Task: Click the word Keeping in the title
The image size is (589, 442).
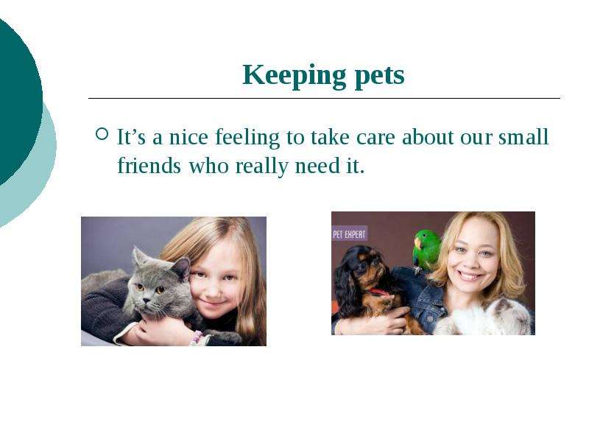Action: [x=294, y=77]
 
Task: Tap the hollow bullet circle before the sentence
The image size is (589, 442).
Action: [x=102, y=134]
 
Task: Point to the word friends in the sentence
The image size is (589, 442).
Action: [x=149, y=165]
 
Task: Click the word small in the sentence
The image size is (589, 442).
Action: [x=523, y=136]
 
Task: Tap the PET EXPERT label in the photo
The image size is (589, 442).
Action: [x=349, y=234]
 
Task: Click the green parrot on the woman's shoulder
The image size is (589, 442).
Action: [x=426, y=251]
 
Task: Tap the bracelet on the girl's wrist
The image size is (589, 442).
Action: [x=196, y=338]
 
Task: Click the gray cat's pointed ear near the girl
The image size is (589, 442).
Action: [x=183, y=268]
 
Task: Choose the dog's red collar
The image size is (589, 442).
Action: [x=377, y=292]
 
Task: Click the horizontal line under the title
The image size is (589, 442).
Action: [x=324, y=98]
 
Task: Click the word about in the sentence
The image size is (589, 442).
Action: [x=428, y=136]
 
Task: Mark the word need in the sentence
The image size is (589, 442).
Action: [x=317, y=166]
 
